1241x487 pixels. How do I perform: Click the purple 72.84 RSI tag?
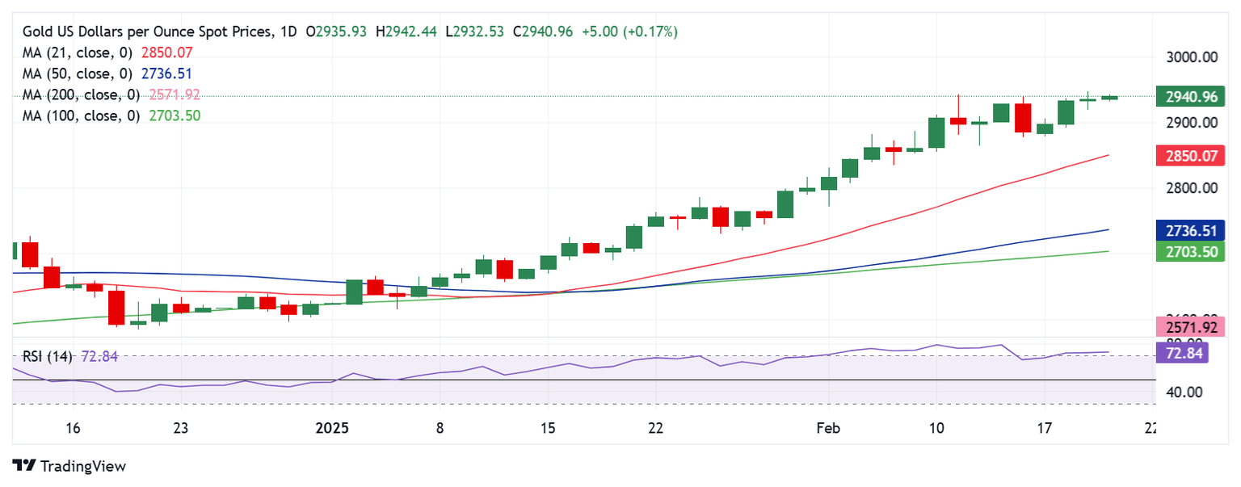(1183, 352)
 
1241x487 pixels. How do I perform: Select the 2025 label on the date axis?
(332, 427)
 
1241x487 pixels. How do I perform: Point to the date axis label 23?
(180, 427)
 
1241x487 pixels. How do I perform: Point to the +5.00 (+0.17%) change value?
(629, 31)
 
